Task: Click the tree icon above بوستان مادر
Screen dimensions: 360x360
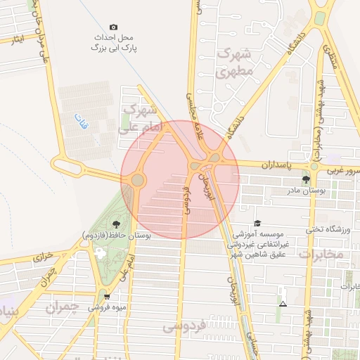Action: pos(304,180)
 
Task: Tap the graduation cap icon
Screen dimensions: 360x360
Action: pos(257,223)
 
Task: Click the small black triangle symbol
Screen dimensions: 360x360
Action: pos(283,304)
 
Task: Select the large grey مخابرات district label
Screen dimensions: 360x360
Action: pos(321,254)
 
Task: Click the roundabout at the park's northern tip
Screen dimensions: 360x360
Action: pos(136,181)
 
